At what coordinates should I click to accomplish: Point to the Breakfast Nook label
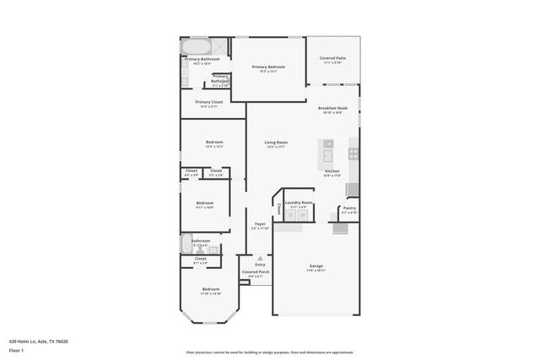(331, 108)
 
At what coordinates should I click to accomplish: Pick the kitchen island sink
(328, 143)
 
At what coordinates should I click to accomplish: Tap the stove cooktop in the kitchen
(354, 153)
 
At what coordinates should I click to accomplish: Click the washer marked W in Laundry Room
(302, 216)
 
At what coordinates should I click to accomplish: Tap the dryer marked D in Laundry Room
(289, 216)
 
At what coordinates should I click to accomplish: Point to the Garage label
(316, 266)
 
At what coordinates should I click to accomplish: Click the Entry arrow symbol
(260, 258)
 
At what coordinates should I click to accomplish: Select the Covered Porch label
(256, 272)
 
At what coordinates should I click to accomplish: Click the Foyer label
(260, 223)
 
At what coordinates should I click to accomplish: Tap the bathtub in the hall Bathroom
(186, 244)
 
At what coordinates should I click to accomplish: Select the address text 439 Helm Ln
(39, 341)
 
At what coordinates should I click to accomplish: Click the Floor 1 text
(16, 349)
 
